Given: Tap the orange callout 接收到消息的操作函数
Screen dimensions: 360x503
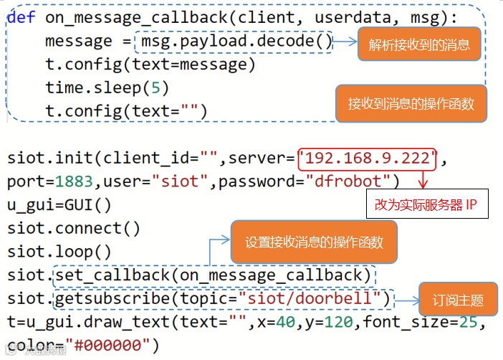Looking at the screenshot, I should (x=411, y=104).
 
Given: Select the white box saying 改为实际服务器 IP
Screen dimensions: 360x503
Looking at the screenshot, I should (x=426, y=204).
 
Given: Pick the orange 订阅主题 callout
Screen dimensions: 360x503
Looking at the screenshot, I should (x=459, y=300).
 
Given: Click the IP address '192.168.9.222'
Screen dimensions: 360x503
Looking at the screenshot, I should (x=367, y=158).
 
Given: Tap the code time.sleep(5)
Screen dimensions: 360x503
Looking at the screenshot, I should (x=106, y=87).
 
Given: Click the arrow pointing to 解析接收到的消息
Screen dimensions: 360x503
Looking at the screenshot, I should (x=345, y=42).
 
